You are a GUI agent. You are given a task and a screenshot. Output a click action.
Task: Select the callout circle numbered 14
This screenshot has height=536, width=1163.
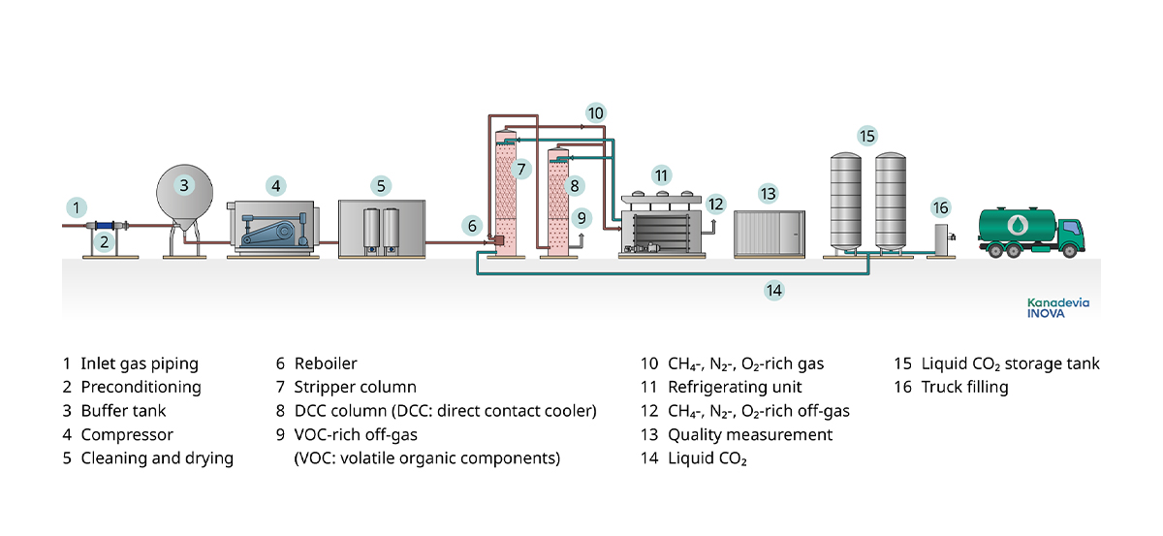tap(772, 289)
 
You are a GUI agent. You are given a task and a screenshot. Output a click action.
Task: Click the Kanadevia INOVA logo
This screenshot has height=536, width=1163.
tap(1057, 308)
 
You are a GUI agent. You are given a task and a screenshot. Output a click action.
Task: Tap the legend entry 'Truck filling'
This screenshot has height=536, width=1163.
tap(964, 387)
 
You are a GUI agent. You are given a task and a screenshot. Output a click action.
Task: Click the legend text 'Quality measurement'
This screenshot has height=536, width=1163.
tap(750, 434)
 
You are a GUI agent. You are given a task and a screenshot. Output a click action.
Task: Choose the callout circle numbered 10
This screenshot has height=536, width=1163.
tap(596, 113)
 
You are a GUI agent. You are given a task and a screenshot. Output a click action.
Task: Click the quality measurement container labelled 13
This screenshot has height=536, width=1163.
tap(768, 234)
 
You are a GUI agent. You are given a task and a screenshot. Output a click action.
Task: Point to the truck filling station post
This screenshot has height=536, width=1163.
tap(938, 239)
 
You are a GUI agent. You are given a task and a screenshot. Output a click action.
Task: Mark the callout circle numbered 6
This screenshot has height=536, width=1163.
tap(472, 226)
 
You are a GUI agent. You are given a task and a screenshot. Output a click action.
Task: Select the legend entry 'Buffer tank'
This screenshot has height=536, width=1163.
tap(123, 411)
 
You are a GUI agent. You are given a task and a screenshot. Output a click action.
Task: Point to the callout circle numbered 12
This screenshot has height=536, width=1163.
tap(715, 205)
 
